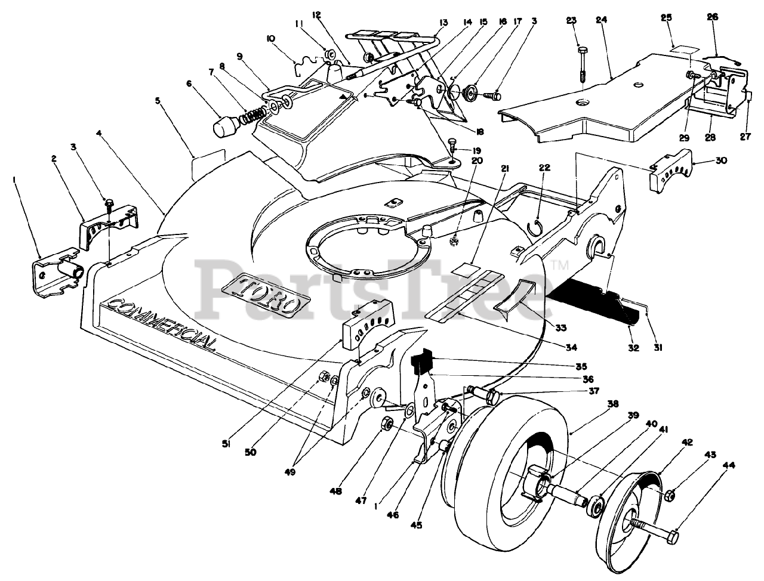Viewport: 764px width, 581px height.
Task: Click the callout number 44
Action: coord(728,465)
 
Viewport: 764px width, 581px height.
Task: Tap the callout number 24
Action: coord(601,20)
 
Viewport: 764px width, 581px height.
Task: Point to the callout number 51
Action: coord(226,444)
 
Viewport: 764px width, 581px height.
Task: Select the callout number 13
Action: coord(442,23)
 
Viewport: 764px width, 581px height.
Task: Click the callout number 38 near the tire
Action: coord(613,404)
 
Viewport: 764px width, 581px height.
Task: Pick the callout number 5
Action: coord(158,101)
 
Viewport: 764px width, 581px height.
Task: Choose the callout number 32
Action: coord(633,348)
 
